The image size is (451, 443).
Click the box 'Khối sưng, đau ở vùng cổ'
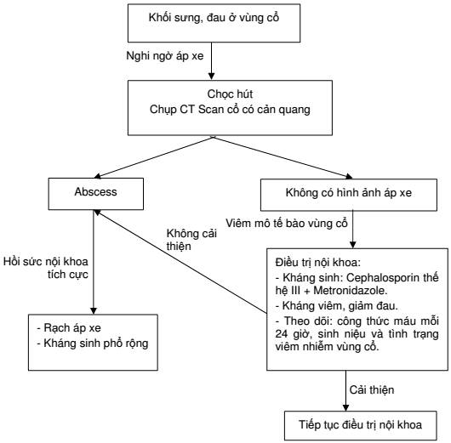click(214, 23)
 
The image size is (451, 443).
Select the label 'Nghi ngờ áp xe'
click(165, 56)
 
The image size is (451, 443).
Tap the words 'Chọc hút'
click(230, 94)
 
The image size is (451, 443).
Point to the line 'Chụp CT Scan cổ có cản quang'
click(230, 110)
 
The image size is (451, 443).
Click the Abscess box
click(96, 194)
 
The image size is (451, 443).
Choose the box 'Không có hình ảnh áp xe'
click(349, 195)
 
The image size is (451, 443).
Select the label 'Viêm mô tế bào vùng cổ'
click(287, 224)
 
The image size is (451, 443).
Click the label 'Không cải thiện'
click(191, 240)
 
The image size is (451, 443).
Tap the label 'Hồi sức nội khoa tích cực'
click(46, 268)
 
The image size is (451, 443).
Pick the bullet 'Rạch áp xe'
click(69, 328)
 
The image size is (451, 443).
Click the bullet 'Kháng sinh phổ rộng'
click(93, 344)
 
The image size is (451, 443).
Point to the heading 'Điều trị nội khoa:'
click(318, 263)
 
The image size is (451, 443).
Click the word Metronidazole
click(350, 291)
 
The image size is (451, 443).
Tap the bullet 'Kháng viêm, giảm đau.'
click(336, 306)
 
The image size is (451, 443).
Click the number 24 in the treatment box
click(282, 334)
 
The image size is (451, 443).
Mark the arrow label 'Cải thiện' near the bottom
click(372, 390)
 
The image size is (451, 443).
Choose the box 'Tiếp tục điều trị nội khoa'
click(361, 425)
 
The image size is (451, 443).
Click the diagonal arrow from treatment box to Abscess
click(180, 261)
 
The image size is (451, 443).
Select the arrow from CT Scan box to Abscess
click(153, 157)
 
